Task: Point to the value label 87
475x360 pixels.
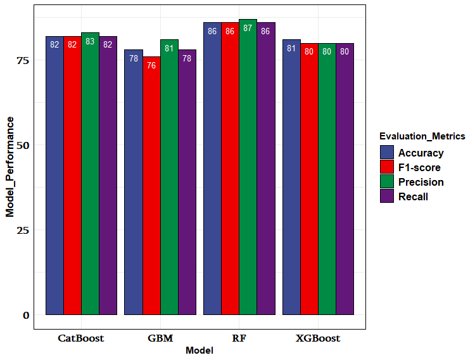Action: [x=248, y=29]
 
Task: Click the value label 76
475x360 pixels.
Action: [x=151, y=65]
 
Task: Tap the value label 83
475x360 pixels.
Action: [x=90, y=42]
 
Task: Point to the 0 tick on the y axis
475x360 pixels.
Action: [x=26, y=315]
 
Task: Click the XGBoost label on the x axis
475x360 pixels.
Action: [x=318, y=338]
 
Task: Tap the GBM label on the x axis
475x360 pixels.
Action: [x=160, y=338]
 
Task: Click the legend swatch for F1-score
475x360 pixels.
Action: [x=387, y=167]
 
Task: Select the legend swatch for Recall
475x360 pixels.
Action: [x=387, y=196]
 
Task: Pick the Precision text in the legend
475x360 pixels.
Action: [x=421, y=182]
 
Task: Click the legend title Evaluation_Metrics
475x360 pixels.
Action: [x=422, y=136]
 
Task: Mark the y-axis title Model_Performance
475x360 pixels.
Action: [x=10, y=167]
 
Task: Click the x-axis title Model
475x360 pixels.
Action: [x=199, y=350]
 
